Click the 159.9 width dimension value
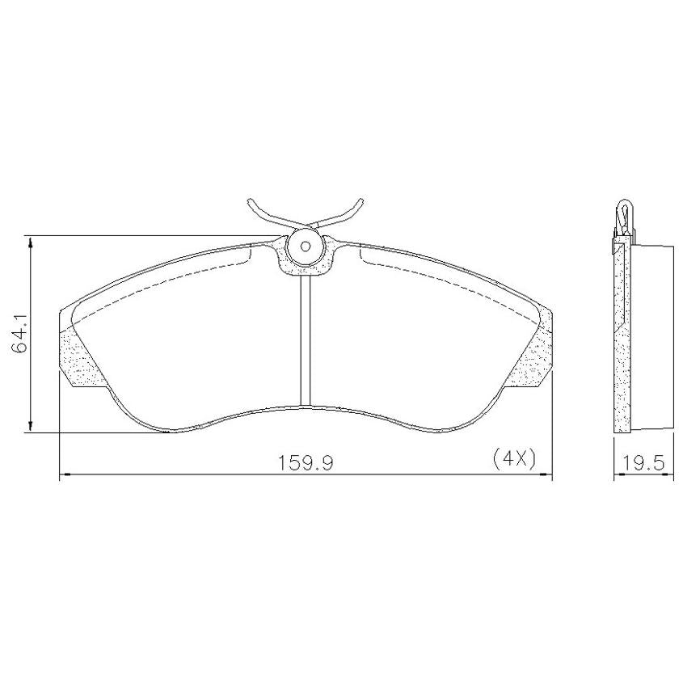(x=306, y=462)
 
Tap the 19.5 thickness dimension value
(x=643, y=462)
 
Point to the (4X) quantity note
(x=514, y=459)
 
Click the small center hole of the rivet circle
(x=306, y=247)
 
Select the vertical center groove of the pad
(x=305, y=340)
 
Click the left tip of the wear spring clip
(x=250, y=200)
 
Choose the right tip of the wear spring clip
(x=361, y=200)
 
